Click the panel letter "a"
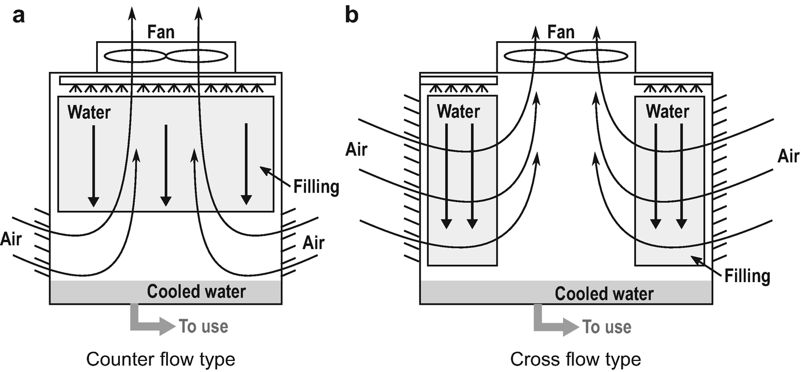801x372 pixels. pyautogui.click(x=19, y=16)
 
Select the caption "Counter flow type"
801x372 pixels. pyautogui.click(x=161, y=359)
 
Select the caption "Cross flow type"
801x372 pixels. pyautogui.click(x=575, y=359)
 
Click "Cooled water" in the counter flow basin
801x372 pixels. pyautogui.click(x=196, y=291)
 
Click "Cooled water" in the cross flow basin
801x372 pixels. pyautogui.click(x=604, y=293)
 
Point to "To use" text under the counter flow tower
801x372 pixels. pyautogui.click(x=203, y=326)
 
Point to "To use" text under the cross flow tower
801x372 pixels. pyautogui.click(x=607, y=326)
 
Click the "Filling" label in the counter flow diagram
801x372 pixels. pyautogui.click(x=316, y=187)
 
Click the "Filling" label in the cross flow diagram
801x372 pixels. pyautogui.click(x=747, y=275)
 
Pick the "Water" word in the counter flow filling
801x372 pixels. pyautogui.click(x=89, y=111)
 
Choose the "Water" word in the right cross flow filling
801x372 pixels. pyautogui.click(x=667, y=110)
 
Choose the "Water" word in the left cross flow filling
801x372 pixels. pyautogui.click(x=458, y=110)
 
